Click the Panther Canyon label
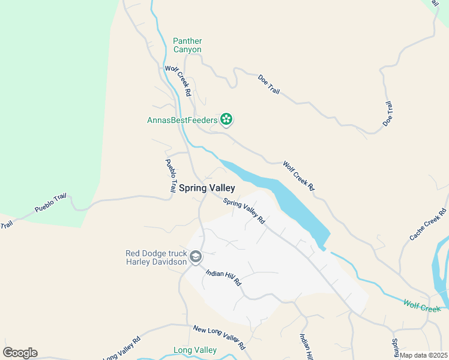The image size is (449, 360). (187, 45)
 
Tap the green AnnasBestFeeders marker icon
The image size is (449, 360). (226, 120)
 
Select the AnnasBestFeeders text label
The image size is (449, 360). (182, 120)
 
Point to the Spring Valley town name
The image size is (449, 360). (206, 188)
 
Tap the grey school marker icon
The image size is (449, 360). (196, 257)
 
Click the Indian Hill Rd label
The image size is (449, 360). (223, 277)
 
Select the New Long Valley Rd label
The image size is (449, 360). (220, 338)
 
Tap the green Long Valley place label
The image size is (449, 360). (194, 350)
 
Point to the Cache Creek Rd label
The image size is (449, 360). (429, 224)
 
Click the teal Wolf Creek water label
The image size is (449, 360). (422, 307)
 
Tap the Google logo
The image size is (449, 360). (20, 352)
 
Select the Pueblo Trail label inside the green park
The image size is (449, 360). (50, 202)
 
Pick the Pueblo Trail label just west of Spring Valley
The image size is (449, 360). (172, 175)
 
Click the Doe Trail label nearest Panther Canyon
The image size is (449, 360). (270, 86)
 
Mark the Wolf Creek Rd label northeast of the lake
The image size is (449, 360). (298, 176)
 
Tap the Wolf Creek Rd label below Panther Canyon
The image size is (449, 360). (178, 82)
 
